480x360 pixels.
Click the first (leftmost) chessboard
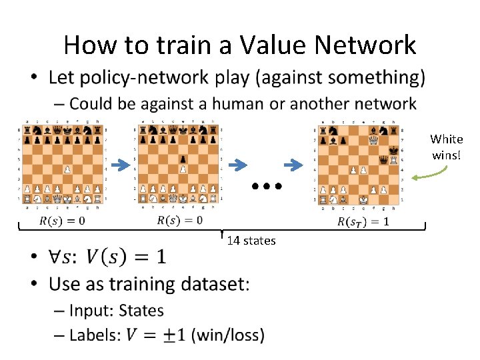click(63, 163)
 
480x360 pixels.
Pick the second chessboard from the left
click(179, 163)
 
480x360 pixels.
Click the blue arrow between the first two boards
click(121, 165)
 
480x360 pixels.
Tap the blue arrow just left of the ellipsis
click(237, 165)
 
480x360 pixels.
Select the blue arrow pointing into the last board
click(293, 165)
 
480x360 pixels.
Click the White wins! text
click(446, 145)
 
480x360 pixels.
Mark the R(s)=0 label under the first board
click(62, 220)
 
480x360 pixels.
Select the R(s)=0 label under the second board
click(179, 220)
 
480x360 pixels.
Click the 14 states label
click(251, 241)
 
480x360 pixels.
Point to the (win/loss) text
click(227, 335)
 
